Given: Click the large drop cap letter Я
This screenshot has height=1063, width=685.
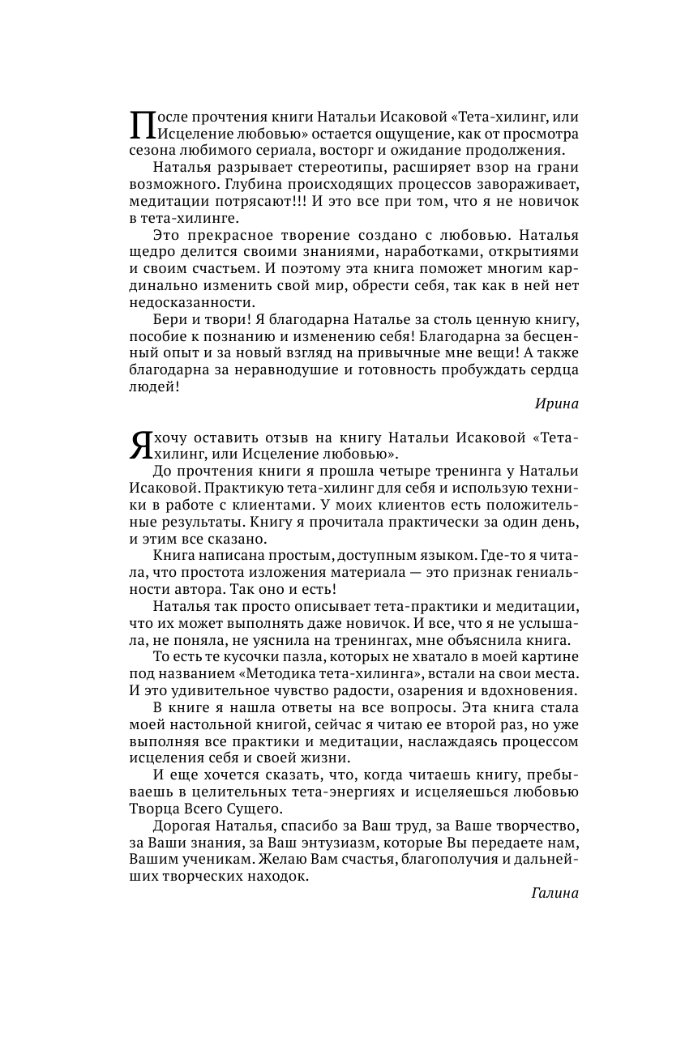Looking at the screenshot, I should pyautogui.click(x=140, y=444).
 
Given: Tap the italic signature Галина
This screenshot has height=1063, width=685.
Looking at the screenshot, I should pyautogui.click(x=555, y=893).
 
